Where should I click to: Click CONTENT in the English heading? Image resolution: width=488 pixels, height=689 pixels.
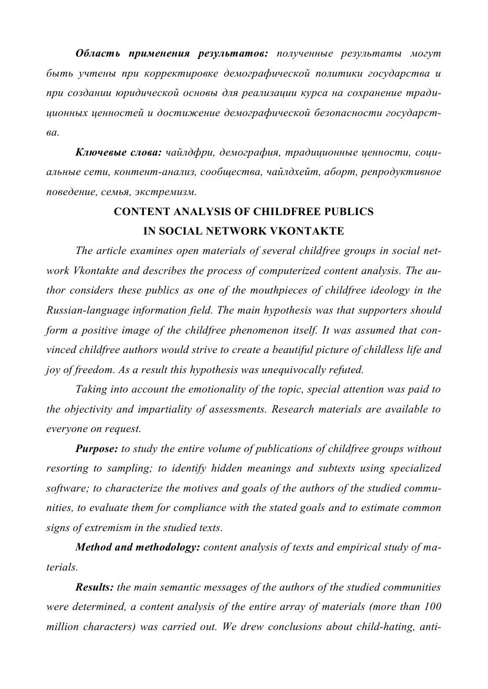[x=137, y=212]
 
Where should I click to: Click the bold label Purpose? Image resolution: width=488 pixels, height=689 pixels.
[x=97, y=449]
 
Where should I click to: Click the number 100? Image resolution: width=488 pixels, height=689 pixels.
[x=433, y=606]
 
